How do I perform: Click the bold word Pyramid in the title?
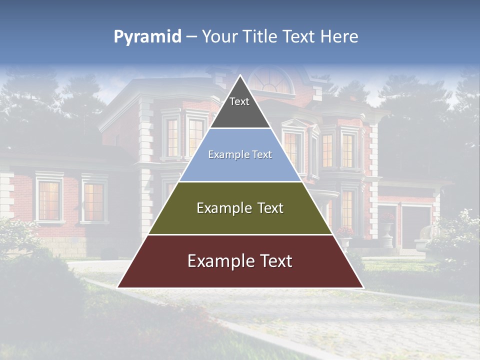(x=147, y=37)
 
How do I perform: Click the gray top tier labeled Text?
(x=239, y=107)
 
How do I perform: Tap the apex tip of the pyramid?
(x=240, y=76)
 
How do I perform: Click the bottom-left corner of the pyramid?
(x=118, y=287)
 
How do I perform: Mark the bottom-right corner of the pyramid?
(x=362, y=287)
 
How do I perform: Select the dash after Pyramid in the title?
(x=191, y=37)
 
